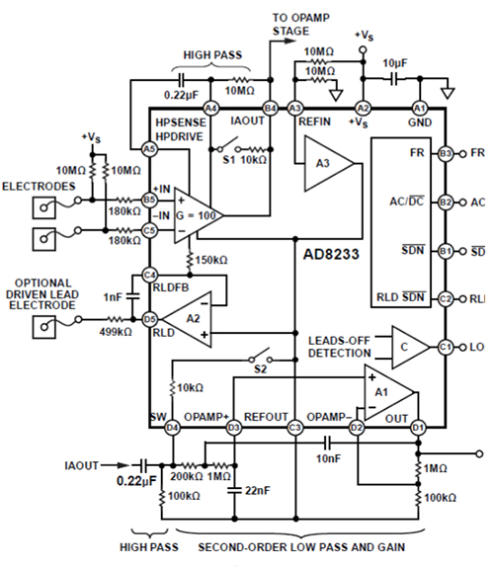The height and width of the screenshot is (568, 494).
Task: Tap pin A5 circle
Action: point(149,148)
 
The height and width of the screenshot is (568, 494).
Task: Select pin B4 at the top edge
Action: point(269,107)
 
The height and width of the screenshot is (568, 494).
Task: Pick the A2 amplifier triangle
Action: point(188,319)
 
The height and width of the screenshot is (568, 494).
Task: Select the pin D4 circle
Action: point(173,428)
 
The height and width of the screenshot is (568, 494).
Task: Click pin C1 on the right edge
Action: point(446,347)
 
